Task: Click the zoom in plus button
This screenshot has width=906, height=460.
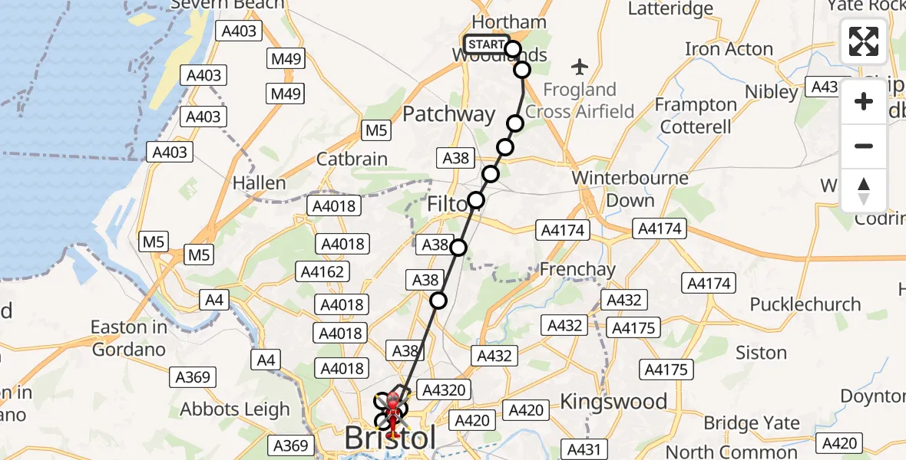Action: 864,101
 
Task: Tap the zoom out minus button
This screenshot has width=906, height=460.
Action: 864,146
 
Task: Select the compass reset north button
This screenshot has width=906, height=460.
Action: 864,190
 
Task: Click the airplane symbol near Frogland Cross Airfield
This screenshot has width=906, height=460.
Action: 580,67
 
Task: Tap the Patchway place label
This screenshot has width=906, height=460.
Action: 449,115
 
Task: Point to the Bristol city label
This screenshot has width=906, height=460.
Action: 390,439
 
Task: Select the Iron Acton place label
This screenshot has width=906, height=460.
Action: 728,49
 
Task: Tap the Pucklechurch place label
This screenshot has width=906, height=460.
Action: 805,304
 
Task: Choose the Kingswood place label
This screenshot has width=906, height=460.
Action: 613,401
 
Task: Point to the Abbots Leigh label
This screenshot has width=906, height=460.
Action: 235,409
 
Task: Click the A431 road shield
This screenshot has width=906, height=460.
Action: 584,449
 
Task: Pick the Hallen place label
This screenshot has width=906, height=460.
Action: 260,183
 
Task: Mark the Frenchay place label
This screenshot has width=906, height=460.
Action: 577,270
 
